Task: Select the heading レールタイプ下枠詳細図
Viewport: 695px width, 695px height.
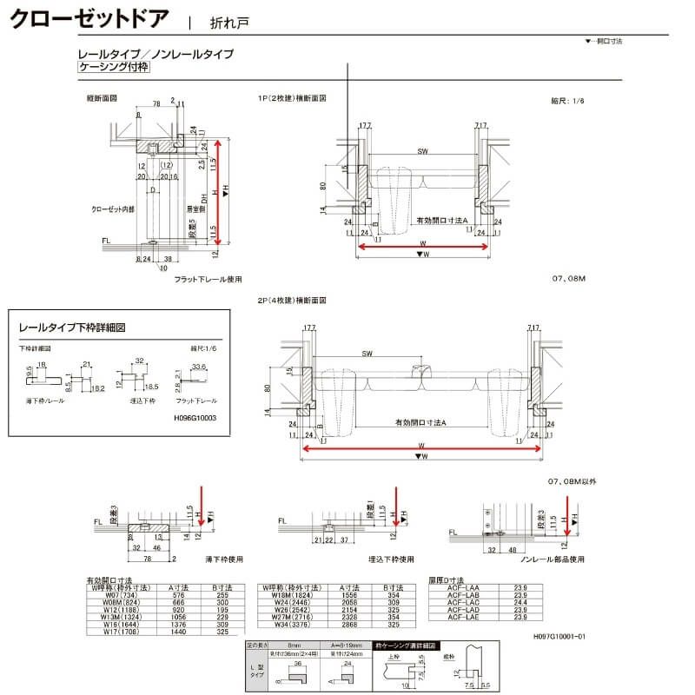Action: [x=73, y=329]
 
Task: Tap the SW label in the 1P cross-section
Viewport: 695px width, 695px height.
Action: [x=422, y=152]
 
